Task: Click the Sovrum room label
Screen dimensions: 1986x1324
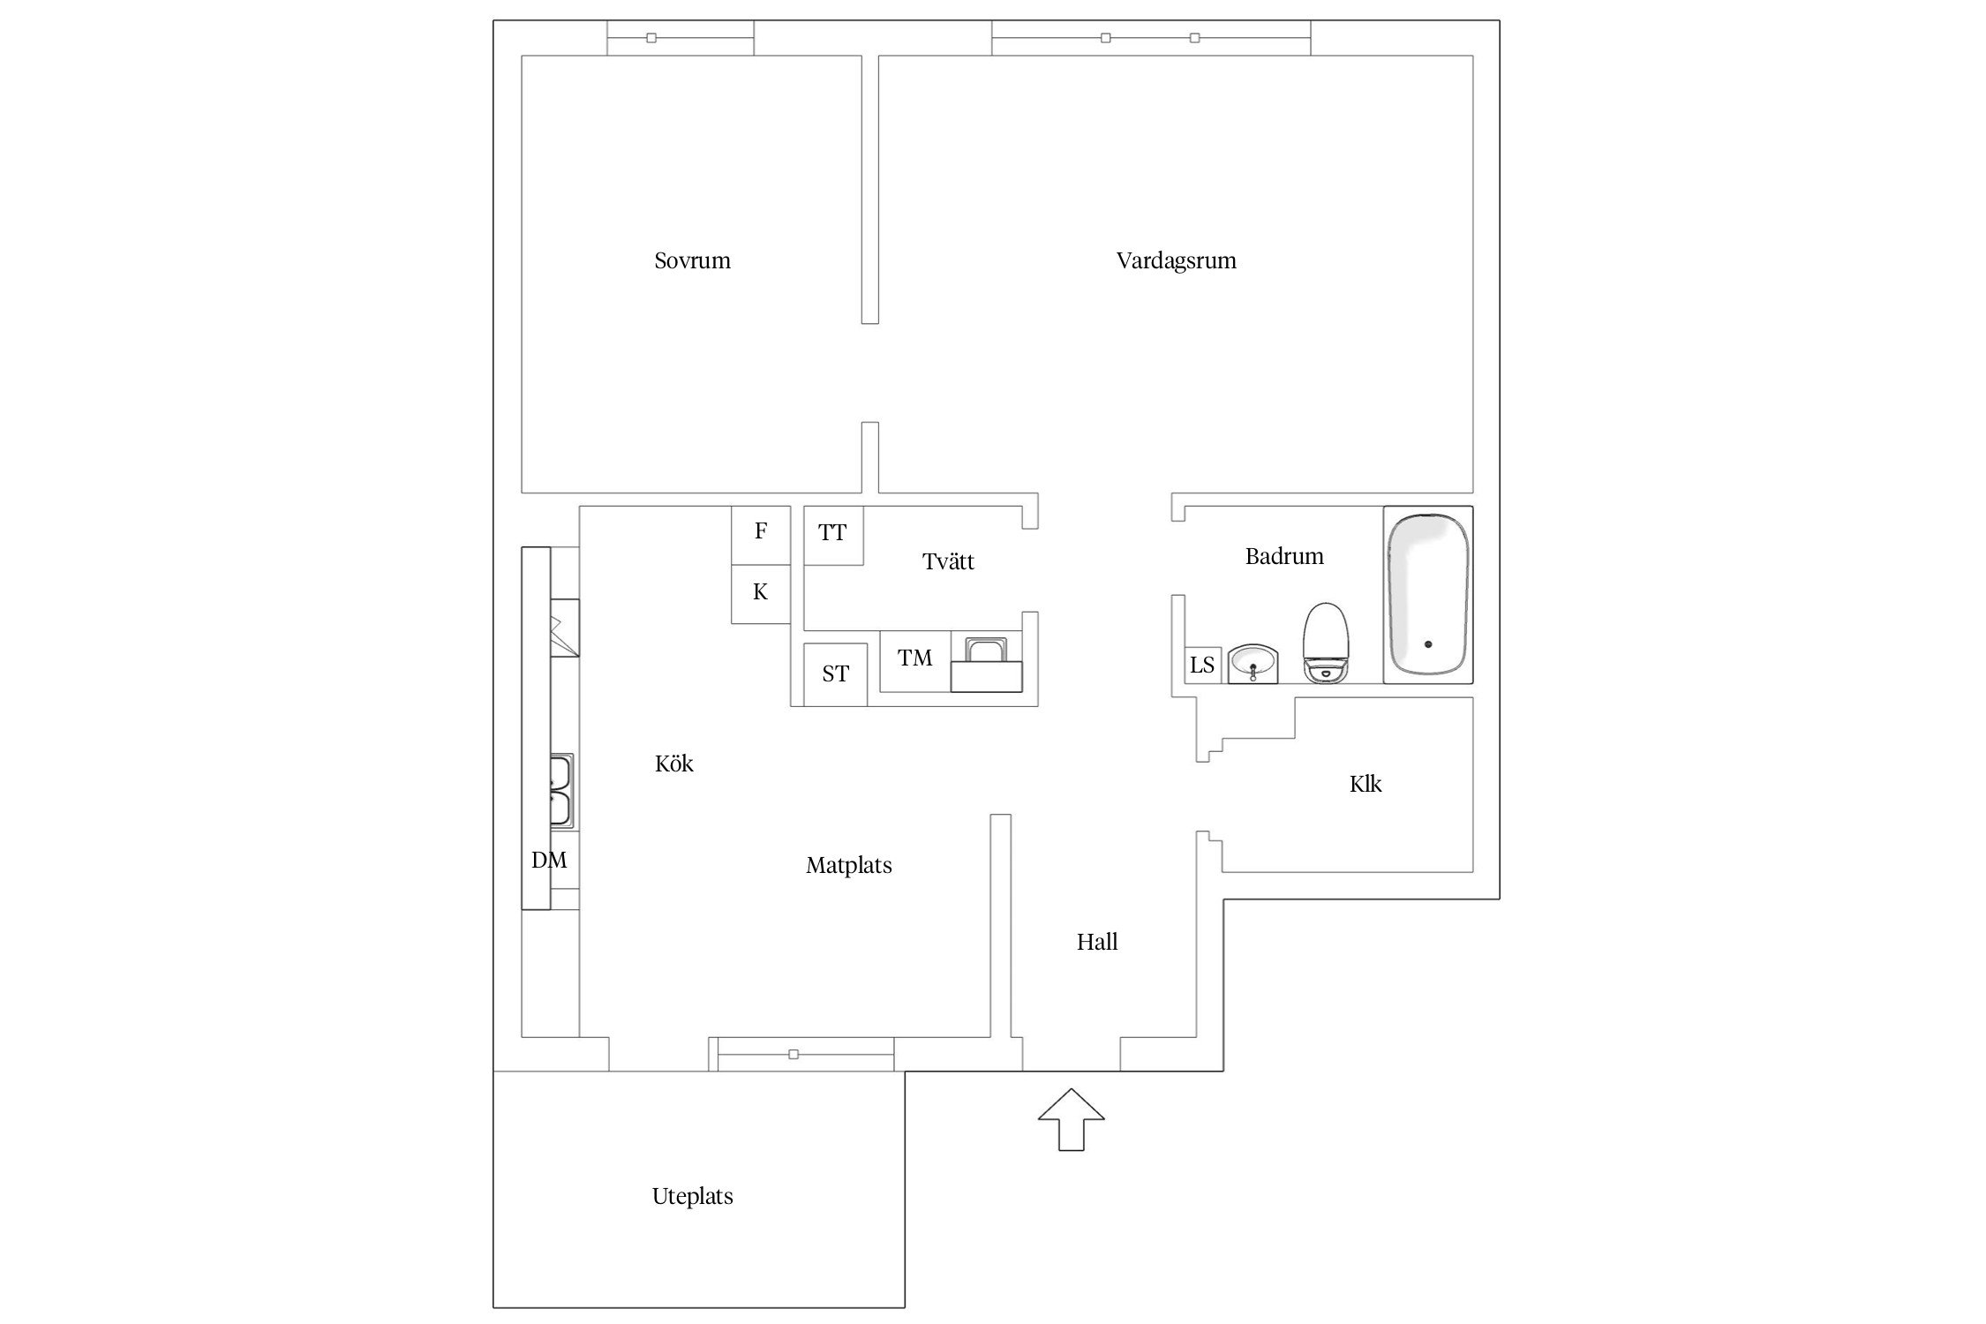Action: [692, 260]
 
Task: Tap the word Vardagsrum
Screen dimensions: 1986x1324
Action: [1176, 260]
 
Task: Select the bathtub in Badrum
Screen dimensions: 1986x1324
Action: [1427, 594]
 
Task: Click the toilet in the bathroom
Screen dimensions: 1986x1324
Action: [1326, 642]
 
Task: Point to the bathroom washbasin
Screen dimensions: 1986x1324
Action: [1253, 663]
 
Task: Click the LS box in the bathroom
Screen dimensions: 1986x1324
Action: [1202, 665]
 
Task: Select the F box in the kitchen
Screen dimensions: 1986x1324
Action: [761, 535]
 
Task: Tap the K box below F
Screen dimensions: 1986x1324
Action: [761, 594]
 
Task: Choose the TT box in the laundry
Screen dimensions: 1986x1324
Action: [833, 535]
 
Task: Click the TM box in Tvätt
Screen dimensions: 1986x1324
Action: [915, 660]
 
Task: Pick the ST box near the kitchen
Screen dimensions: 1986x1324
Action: [835, 674]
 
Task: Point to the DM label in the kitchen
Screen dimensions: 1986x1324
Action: [549, 860]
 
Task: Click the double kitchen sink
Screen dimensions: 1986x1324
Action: [561, 790]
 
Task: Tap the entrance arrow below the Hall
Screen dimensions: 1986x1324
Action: [1071, 1119]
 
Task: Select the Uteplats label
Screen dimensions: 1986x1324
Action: [692, 1196]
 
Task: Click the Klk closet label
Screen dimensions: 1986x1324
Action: [1365, 784]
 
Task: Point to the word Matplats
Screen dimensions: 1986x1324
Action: [849, 865]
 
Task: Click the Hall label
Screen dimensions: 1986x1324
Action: [1097, 942]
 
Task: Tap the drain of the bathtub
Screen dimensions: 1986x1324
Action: [1428, 644]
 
